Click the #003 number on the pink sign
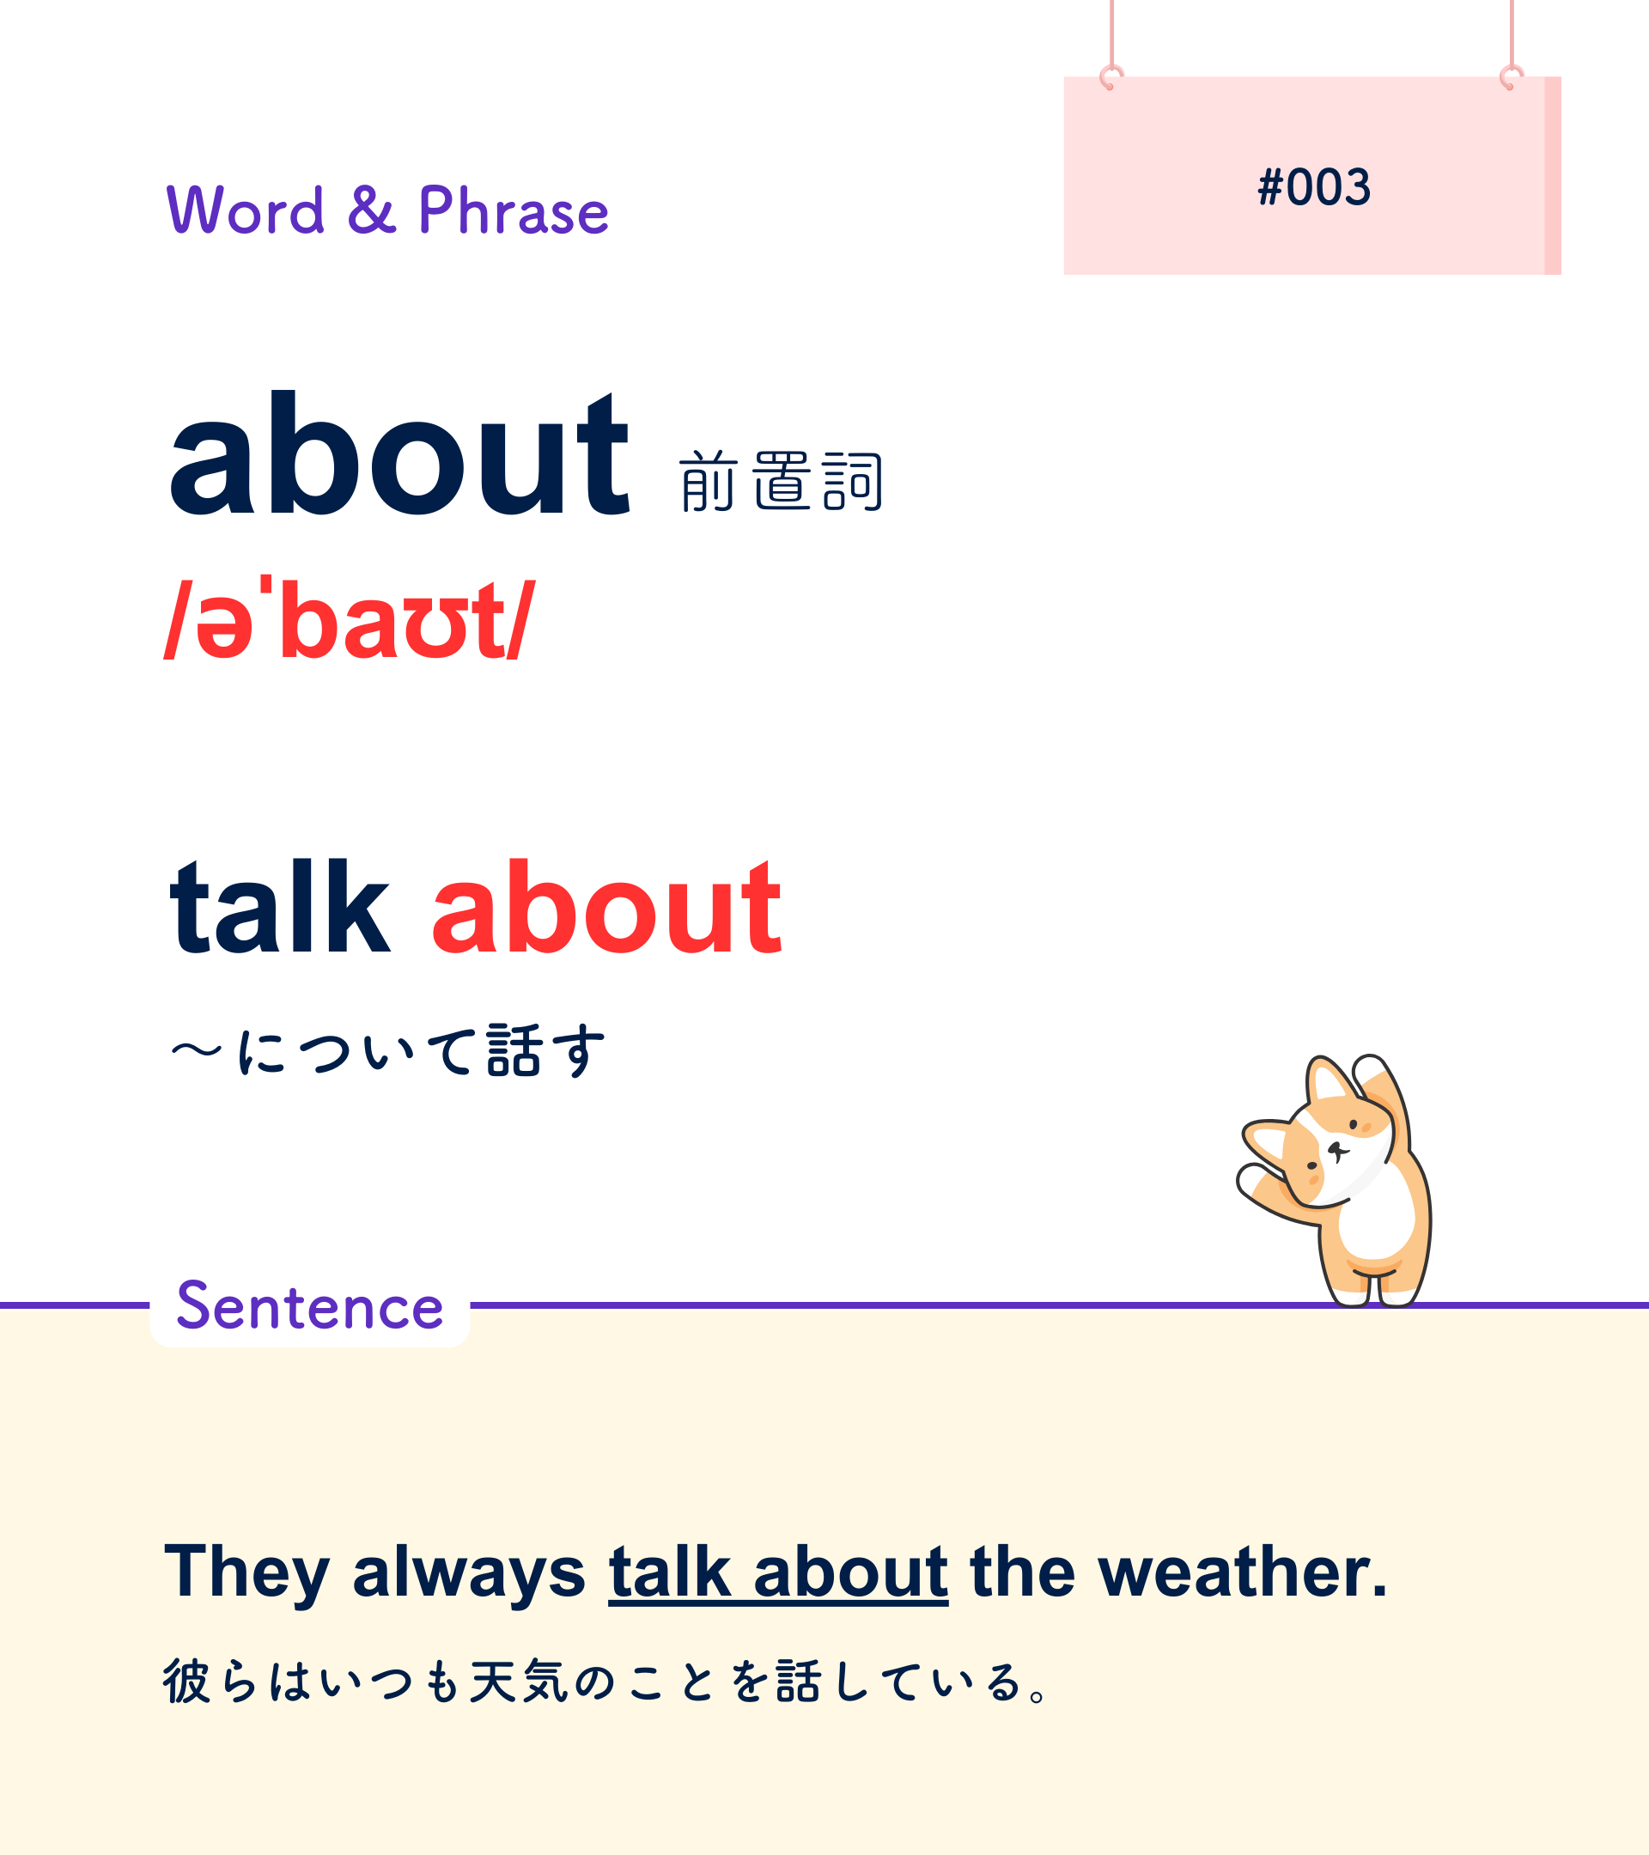click(1313, 187)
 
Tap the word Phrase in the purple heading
click(513, 210)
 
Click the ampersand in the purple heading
click(371, 210)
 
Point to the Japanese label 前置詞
click(781, 481)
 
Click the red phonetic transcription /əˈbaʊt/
click(350, 619)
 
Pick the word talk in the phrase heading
click(281, 909)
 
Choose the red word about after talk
click(606, 909)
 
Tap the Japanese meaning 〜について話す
click(387, 1051)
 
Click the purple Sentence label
click(309, 1306)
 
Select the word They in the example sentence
click(246, 1572)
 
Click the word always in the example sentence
click(469, 1572)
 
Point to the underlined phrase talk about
click(779, 1572)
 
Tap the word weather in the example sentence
click(1244, 1572)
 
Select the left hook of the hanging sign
click(1110, 78)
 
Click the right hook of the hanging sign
click(1512, 78)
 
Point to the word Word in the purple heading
click(245, 210)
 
